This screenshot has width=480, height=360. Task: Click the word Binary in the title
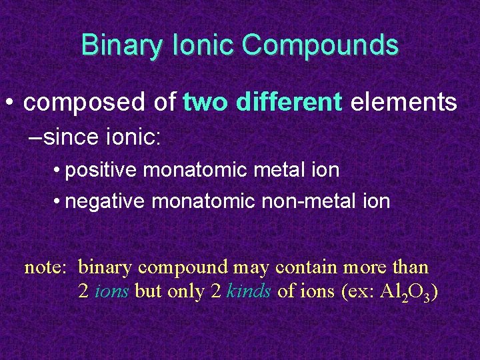pyautogui.click(x=121, y=46)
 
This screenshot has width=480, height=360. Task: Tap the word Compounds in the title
pyautogui.click(x=320, y=46)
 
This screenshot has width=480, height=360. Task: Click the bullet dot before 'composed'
pyautogui.click(x=9, y=103)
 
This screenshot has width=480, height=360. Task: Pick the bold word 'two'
pyautogui.click(x=205, y=103)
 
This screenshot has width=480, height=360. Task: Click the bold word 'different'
pyautogui.click(x=289, y=103)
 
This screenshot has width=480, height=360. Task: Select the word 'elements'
pyautogui.click(x=404, y=103)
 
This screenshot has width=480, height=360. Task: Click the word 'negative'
pyautogui.click(x=105, y=201)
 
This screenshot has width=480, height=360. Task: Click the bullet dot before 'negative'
pyautogui.click(x=59, y=201)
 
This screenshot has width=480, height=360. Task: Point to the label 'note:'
pyautogui.click(x=45, y=268)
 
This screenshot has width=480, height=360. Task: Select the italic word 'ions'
pyautogui.click(x=113, y=292)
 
